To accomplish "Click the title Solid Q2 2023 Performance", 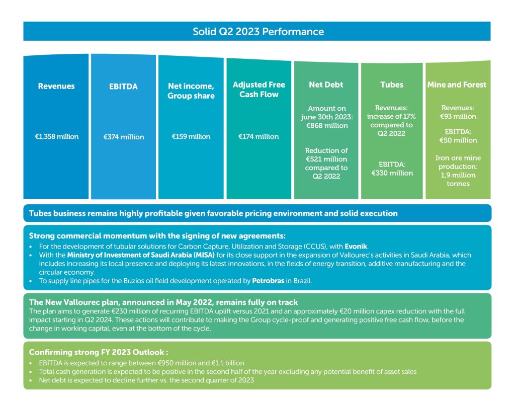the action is point(258,32).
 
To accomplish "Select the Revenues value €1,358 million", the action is point(57,136).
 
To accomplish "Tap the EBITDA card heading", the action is point(124,87).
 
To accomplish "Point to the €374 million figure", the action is point(124,137).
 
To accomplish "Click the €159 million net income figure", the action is point(191,136).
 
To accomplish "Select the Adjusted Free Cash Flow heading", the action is point(259,90).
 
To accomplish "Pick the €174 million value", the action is point(259,136).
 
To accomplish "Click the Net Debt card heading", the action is point(326,85).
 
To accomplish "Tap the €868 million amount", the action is point(327,126).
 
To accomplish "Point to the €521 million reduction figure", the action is point(326,159).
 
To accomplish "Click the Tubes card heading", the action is point(392,85).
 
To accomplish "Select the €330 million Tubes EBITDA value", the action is point(392,173).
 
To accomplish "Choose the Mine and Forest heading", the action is point(457,85).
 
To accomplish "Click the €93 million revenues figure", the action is point(458,116).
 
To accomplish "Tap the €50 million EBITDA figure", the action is point(458,140).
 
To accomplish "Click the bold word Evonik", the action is point(356,246).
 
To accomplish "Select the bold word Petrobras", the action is point(268,281).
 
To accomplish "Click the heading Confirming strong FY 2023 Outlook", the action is point(99,352).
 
